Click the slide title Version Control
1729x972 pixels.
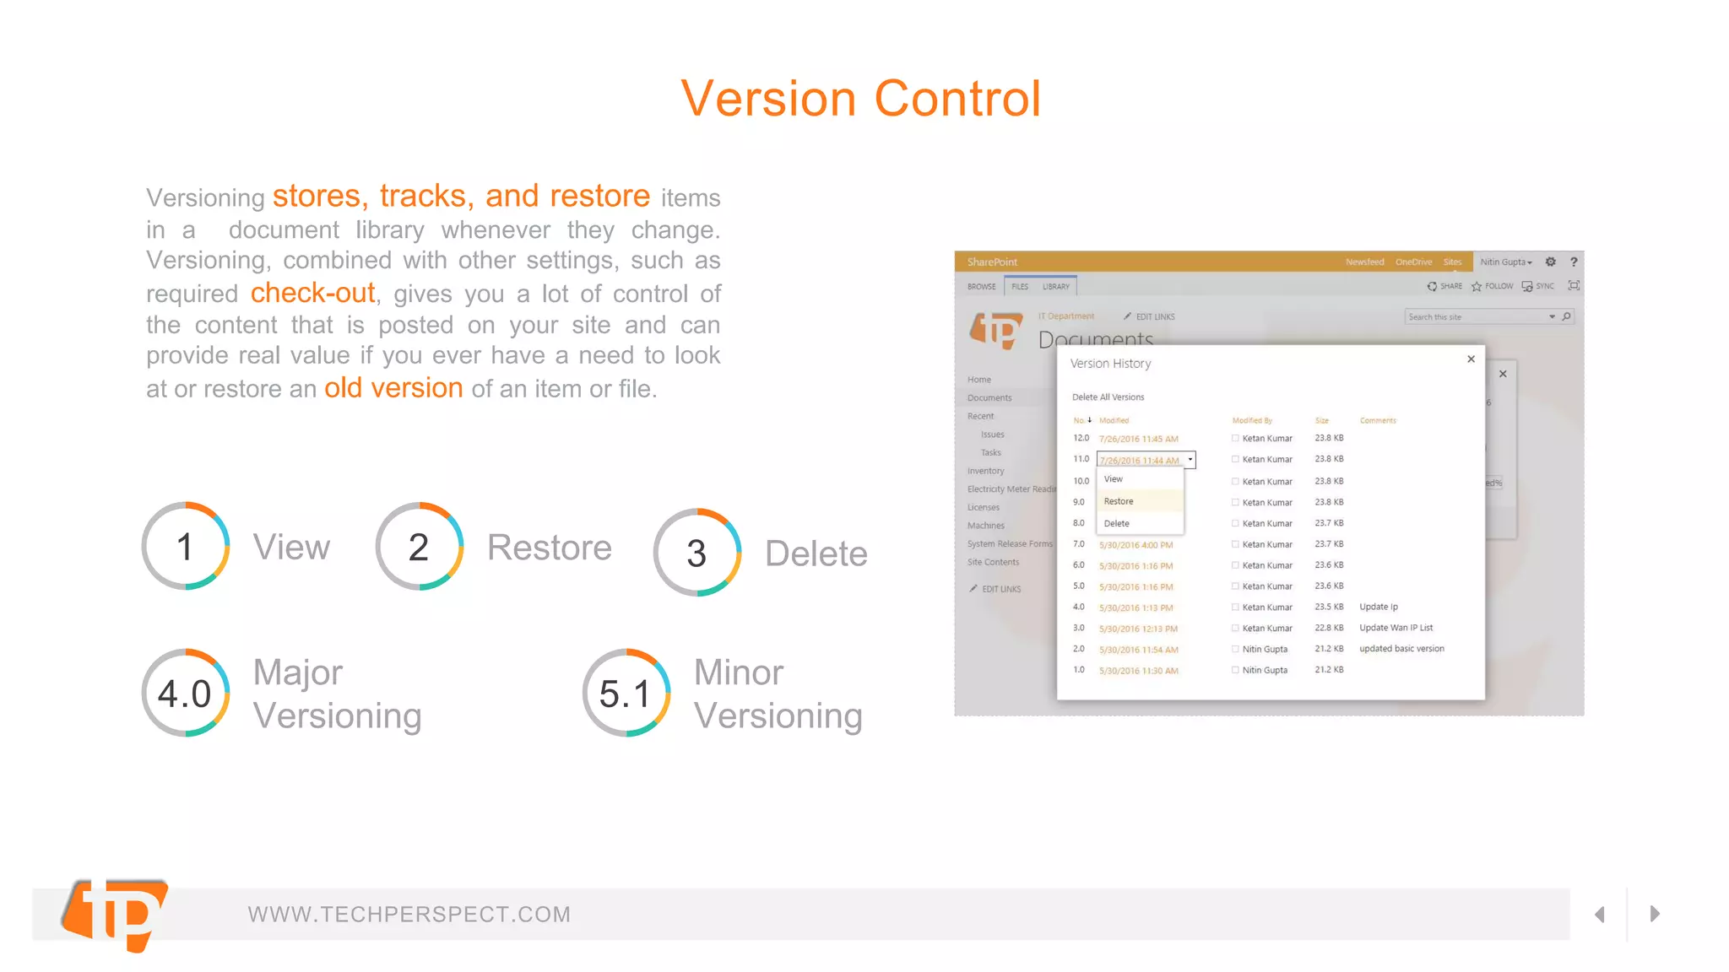pyautogui.click(x=860, y=99)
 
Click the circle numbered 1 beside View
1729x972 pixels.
pyautogui.click(x=186, y=547)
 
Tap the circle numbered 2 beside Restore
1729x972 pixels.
pyautogui.click(x=419, y=547)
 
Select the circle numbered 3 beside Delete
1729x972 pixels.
pyautogui.click(x=696, y=553)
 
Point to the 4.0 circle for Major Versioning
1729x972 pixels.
pyautogui.click(x=186, y=693)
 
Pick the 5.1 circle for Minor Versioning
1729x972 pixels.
pyautogui.click(x=626, y=693)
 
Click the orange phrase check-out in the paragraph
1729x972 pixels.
pyautogui.click(x=312, y=293)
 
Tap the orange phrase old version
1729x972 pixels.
pyautogui.click(x=393, y=388)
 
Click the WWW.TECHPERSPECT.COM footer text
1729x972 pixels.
pyautogui.click(x=409, y=915)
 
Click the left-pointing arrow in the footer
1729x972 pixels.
pyautogui.click(x=1599, y=915)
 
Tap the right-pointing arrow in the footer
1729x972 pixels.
pyautogui.click(x=1655, y=914)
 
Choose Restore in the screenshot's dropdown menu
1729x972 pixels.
pyautogui.click(x=1119, y=501)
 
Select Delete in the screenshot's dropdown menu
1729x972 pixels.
pyautogui.click(x=1116, y=523)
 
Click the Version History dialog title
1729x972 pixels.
pyautogui.click(x=1110, y=364)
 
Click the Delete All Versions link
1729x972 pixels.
pyautogui.click(x=1108, y=397)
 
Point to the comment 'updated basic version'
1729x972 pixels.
pyautogui.click(x=1401, y=649)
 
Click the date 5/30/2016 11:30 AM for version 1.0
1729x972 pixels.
pyautogui.click(x=1138, y=671)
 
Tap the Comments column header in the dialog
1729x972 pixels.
pyautogui.click(x=1378, y=420)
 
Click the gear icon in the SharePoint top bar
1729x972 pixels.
pyautogui.click(x=1550, y=262)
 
